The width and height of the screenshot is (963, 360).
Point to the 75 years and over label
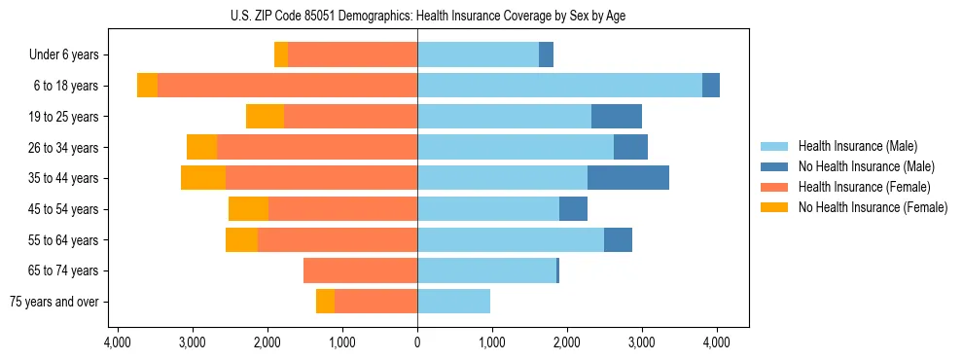53,302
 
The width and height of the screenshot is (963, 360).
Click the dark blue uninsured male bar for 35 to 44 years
627,178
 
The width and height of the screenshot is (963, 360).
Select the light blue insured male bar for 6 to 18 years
559,86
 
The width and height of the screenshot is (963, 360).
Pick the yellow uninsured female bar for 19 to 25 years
265,117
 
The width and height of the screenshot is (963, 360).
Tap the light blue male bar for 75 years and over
453,302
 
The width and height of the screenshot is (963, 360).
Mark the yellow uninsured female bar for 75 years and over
325,302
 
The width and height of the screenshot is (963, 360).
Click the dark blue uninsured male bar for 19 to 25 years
616,117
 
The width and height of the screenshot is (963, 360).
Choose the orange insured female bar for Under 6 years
352,55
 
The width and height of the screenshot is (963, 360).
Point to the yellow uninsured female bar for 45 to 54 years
248,209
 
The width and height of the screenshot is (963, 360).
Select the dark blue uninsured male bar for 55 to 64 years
618,239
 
